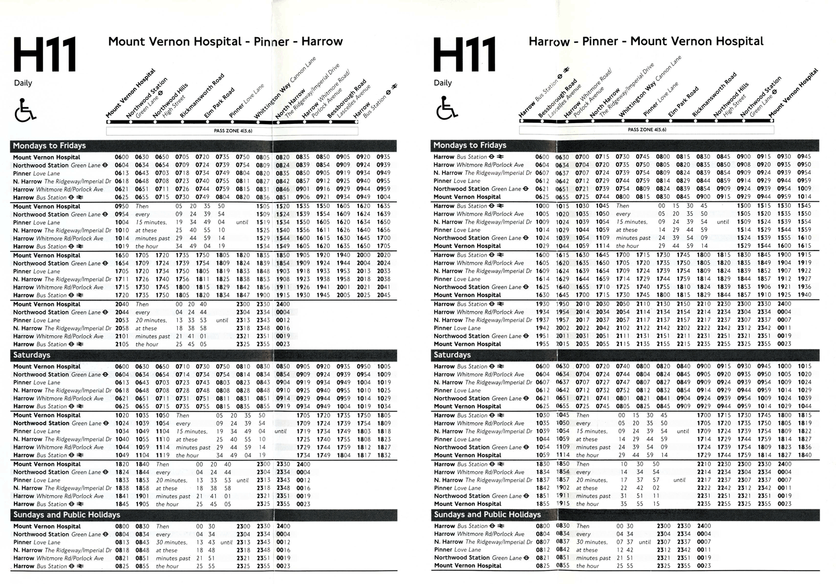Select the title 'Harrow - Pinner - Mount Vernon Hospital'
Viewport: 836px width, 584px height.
click(646, 41)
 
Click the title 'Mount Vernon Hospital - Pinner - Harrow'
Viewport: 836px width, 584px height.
click(225, 41)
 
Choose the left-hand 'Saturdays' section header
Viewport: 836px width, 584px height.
click(32, 355)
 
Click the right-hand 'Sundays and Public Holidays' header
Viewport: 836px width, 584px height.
click(487, 514)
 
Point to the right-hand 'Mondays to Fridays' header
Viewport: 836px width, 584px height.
click(470, 146)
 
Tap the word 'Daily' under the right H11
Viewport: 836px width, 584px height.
click(443, 83)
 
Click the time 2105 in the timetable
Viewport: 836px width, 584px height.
click(121, 344)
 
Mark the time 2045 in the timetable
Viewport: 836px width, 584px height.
click(383, 295)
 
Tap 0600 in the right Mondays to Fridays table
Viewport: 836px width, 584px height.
click(542, 157)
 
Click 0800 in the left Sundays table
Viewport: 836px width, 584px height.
click(121, 526)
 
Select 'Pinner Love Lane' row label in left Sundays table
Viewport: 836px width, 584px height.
click(36, 542)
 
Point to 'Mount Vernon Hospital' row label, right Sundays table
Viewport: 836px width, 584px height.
click(468, 566)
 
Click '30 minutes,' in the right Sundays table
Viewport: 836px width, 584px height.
click(591, 542)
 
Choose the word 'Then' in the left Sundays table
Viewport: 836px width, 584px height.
click(162, 526)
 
